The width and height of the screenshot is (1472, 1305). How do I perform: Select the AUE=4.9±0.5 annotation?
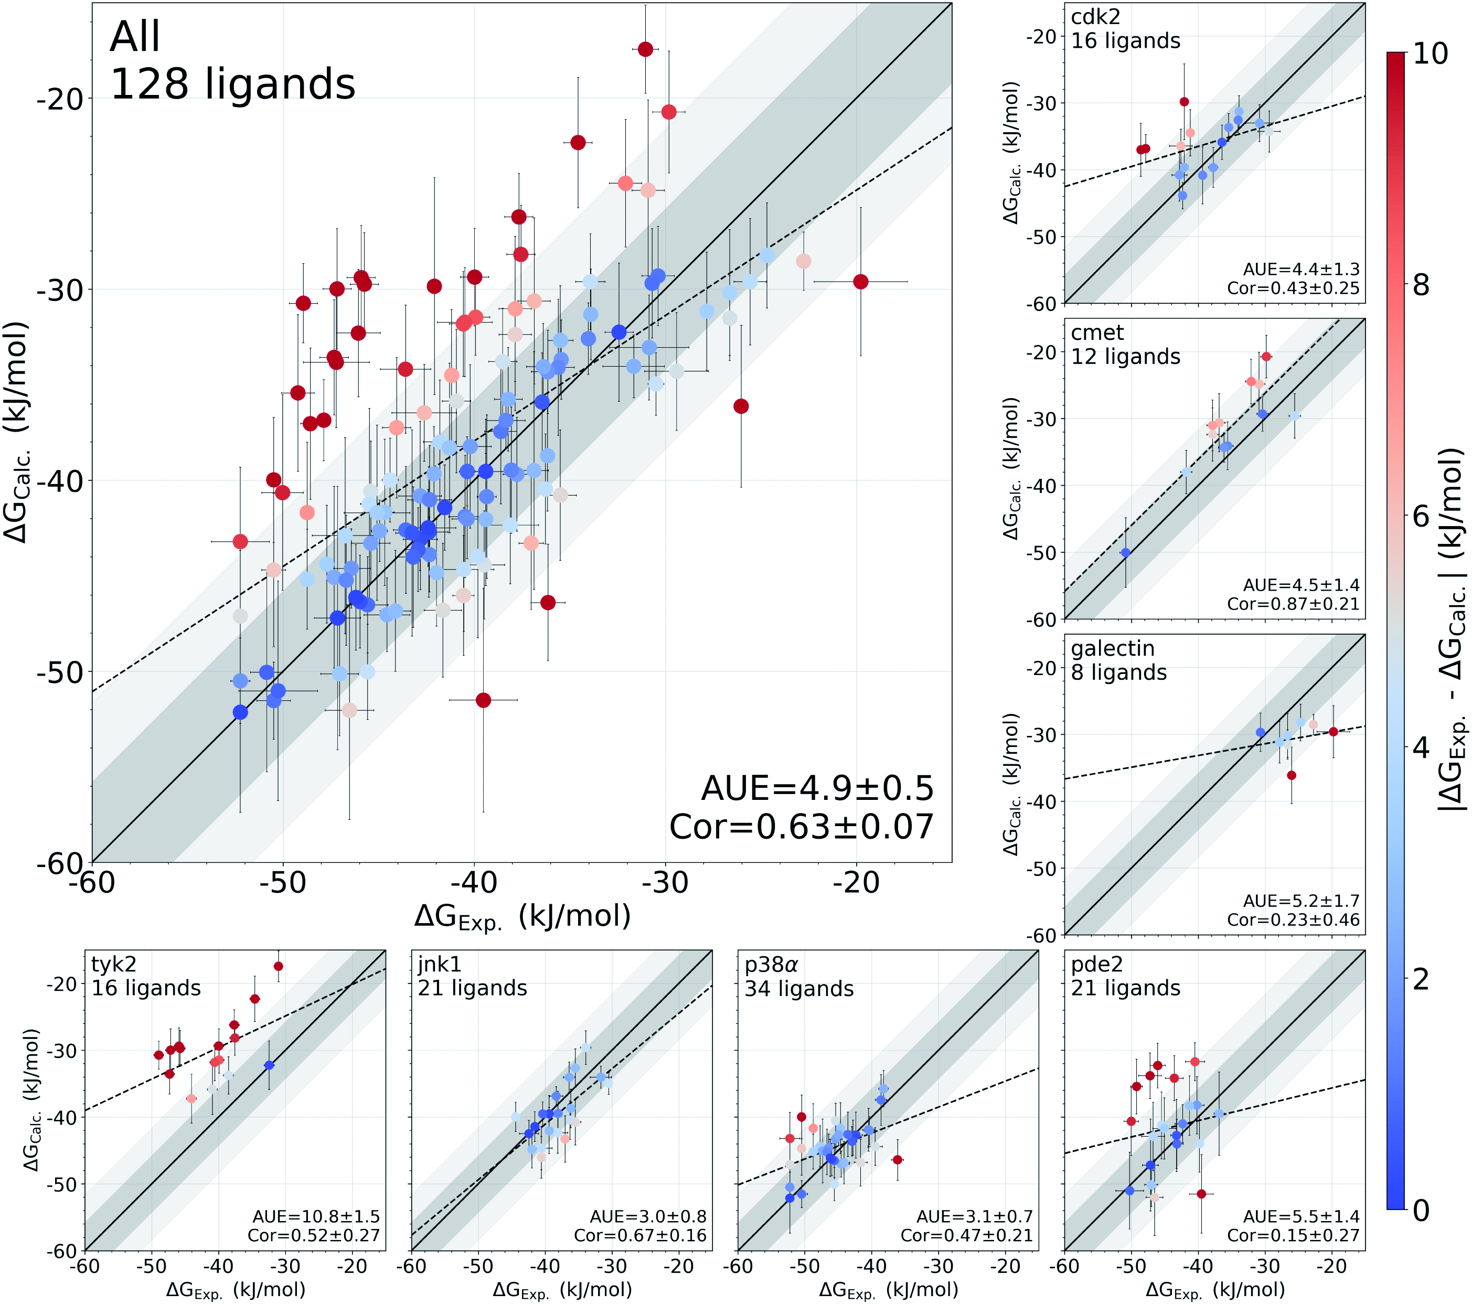[x=817, y=789]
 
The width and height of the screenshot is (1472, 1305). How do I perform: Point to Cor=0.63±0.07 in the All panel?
[x=801, y=827]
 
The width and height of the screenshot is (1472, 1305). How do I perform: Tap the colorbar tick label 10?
[x=1430, y=54]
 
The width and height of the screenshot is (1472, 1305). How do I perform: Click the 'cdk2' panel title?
[x=1095, y=17]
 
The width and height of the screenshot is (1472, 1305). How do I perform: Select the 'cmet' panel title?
[x=1097, y=333]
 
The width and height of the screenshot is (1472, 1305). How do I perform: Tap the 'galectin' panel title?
[x=1113, y=649]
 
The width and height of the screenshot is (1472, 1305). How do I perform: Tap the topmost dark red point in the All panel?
[x=645, y=49]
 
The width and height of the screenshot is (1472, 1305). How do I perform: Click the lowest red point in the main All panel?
[x=483, y=700]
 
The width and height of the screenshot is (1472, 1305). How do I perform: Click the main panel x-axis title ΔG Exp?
[x=522, y=917]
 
